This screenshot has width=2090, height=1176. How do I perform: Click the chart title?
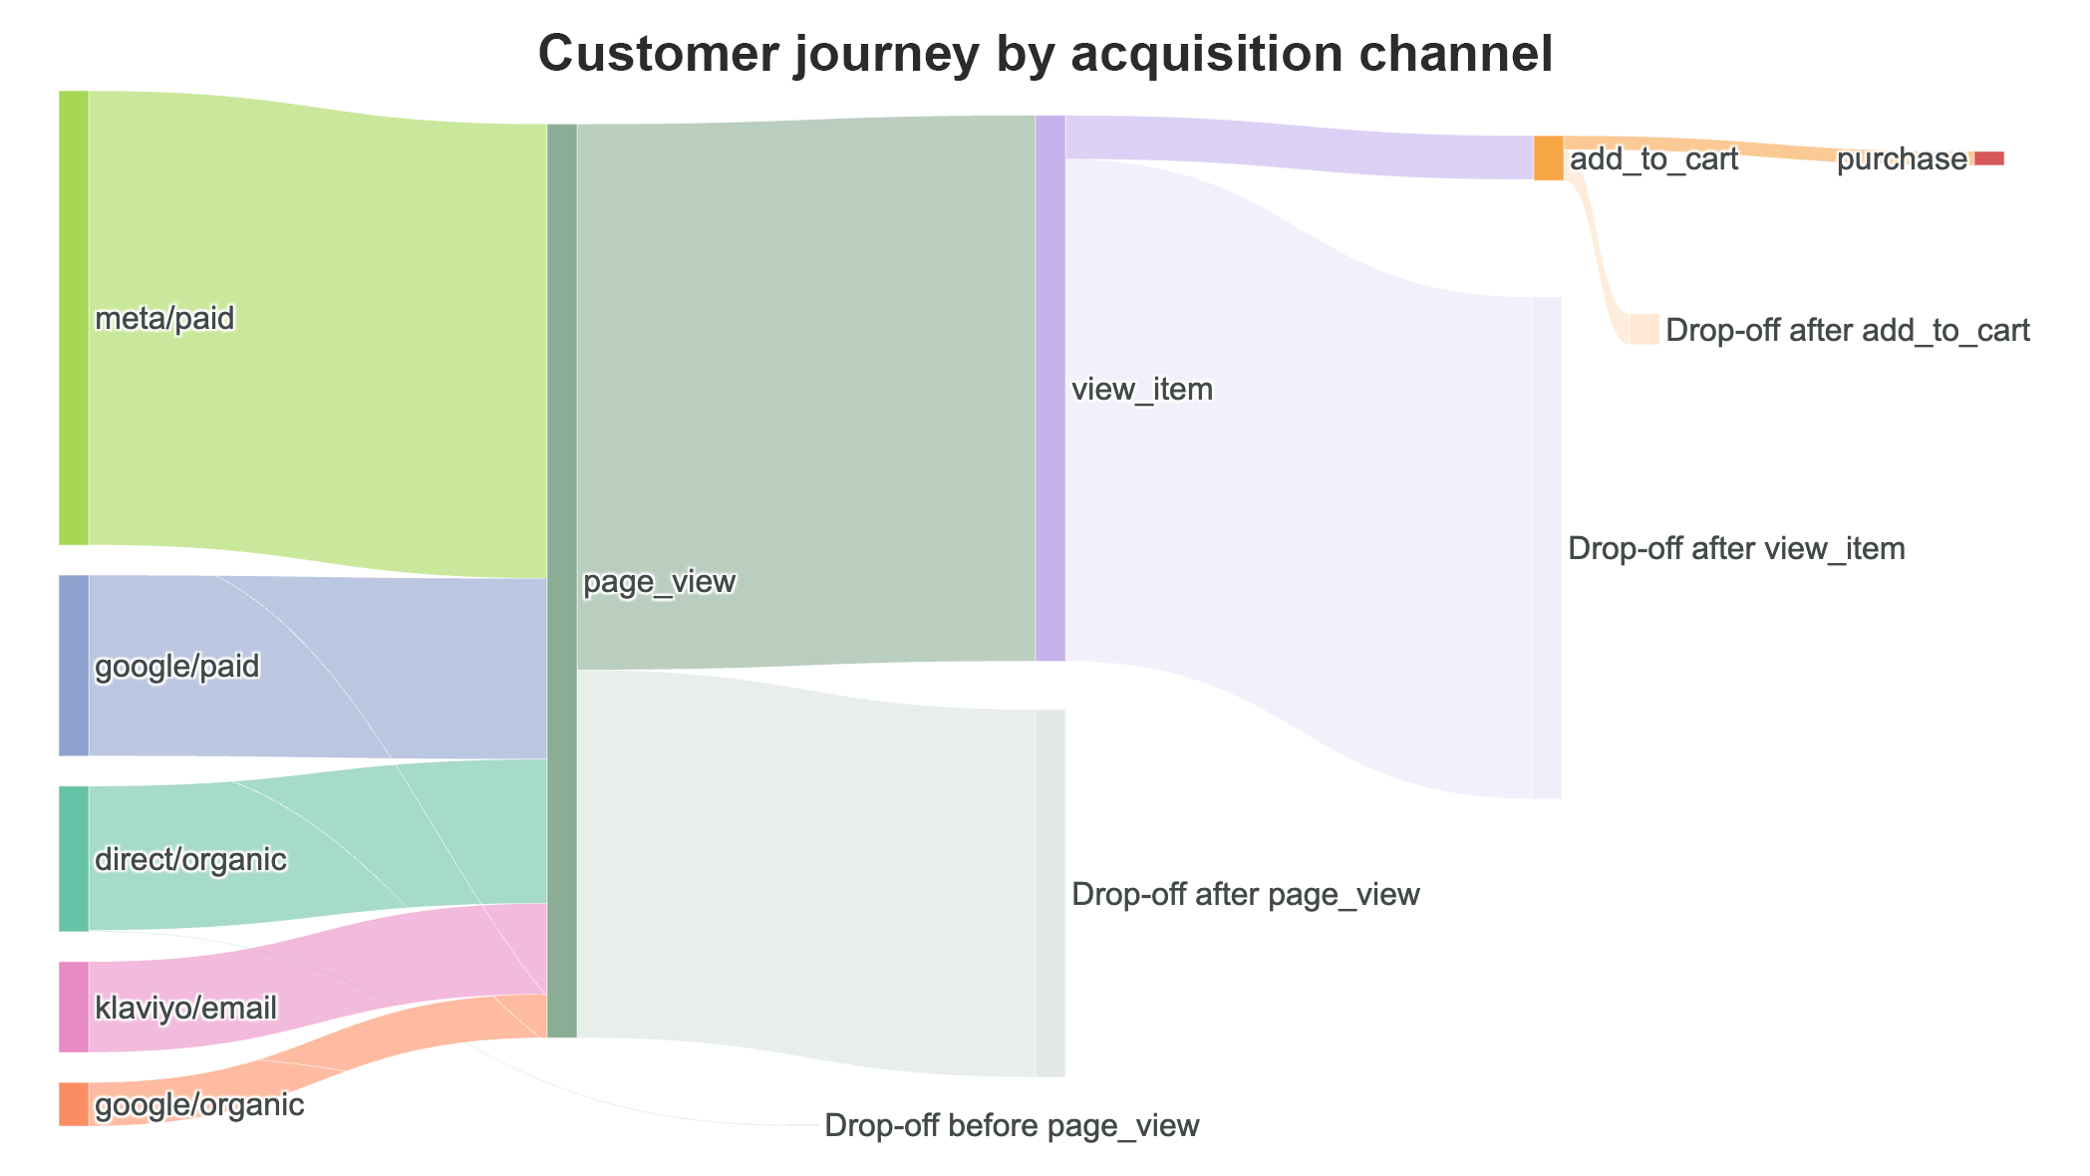point(1045,55)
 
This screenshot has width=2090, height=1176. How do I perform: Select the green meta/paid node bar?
point(74,318)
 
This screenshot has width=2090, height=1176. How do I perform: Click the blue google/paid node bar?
point(74,666)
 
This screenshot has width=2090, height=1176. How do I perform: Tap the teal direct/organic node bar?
point(74,858)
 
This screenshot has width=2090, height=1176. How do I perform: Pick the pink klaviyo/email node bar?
point(74,1007)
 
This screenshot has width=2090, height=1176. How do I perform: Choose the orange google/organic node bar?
point(74,1104)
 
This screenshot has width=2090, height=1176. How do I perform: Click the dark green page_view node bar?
point(562,580)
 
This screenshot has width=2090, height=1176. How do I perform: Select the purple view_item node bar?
point(1050,388)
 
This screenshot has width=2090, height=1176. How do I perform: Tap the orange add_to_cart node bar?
point(1548,157)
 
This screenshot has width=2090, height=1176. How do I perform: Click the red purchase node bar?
point(1988,158)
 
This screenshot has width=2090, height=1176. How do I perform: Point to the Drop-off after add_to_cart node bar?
point(1643,329)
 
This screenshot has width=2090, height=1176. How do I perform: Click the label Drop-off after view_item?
point(1736,549)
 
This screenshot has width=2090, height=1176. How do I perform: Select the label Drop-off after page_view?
point(1245,895)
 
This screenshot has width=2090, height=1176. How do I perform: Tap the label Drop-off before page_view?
point(1012,1126)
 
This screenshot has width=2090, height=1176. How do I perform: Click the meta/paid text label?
point(164,319)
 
